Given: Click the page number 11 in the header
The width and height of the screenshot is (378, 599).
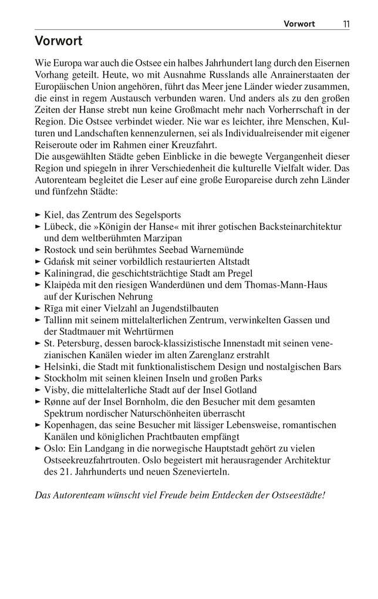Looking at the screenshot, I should point(346,24).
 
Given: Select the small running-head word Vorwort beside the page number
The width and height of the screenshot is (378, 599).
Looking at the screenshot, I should point(299,24).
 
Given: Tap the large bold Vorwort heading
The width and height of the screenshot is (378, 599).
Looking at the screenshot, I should point(58,42).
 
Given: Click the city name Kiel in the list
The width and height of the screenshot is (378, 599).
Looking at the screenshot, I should point(53,215).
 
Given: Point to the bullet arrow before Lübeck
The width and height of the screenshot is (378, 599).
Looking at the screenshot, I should point(39,227).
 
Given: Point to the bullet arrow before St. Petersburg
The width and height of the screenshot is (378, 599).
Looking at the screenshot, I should point(39,344).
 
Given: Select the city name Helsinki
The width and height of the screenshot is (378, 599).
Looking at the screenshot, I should point(60,367).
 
